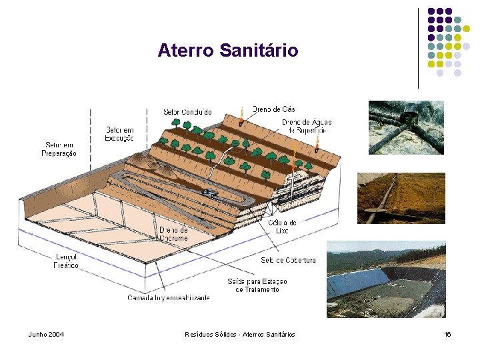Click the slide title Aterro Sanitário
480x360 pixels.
(228, 51)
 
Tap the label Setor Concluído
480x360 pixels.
(187, 112)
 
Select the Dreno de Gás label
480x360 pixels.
(273, 109)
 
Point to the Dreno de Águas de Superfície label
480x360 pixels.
(307, 126)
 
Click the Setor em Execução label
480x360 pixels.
(119, 133)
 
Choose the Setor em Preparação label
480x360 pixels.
(61, 149)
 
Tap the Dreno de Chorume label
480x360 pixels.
(173, 234)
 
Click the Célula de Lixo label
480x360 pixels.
(282, 227)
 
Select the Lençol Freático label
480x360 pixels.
(66, 261)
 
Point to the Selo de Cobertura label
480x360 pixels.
(288, 260)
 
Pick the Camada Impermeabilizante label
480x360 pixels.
(169, 297)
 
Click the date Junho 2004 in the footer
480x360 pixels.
(46, 334)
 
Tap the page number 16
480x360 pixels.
(447, 334)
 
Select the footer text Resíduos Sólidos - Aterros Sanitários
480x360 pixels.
(239, 334)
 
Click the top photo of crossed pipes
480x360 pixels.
(406, 128)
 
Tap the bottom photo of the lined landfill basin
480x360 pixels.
(386, 279)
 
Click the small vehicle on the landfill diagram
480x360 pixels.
(209, 192)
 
